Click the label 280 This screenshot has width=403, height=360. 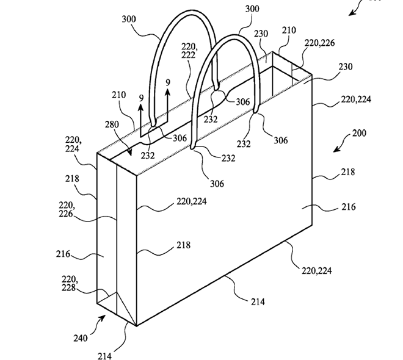tap(112, 124)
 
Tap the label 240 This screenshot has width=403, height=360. tap(81, 338)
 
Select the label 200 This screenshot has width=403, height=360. tap(359, 133)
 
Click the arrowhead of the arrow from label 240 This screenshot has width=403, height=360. tap(103, 318)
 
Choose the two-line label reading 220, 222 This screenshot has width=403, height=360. tap(189, 51)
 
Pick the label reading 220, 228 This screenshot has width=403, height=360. tap(70, 283)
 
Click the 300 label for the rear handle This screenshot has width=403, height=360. tap(129, 20)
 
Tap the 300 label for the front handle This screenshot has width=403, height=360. tap(252, 9)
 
